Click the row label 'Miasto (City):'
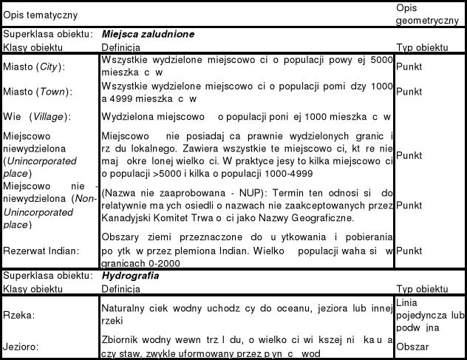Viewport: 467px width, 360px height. pyautogui.click(x=34, y=67)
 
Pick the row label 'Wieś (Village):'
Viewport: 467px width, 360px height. pyautogui.click(x=37, y=117)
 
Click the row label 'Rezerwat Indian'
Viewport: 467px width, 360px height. pyautogui.click(x=38, y=251)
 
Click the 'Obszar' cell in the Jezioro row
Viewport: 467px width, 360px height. pyautogui.click(x=412, y=345)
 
